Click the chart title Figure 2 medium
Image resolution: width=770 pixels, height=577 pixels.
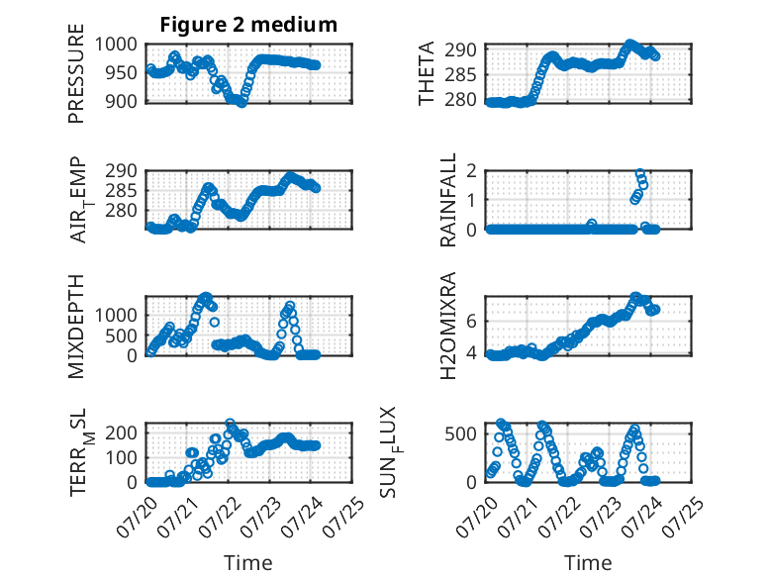point(248,25)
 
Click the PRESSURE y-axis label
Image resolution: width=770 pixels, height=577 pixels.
point(76,73)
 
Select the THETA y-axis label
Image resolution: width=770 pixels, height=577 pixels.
point(427,73)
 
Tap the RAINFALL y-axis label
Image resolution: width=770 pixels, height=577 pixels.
point(448,200)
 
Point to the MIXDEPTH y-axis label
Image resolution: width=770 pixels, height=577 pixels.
point(76,326)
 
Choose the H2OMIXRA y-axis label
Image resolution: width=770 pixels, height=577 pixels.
point(448,326)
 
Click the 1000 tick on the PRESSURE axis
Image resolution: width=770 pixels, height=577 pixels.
point(116,45)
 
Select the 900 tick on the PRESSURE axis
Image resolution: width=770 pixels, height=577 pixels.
point(122,102)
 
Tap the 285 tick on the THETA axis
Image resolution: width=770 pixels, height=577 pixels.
point(460,75)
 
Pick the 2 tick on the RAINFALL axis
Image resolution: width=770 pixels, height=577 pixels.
point(472,171)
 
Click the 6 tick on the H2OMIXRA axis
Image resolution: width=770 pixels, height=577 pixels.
point(472,322)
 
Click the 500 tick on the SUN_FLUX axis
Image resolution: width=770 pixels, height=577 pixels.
point(460,434)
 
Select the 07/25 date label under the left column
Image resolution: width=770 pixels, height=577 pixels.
point(344,518)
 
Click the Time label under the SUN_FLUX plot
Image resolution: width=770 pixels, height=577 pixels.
point(588,563)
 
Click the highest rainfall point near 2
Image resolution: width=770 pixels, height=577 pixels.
point(640,173)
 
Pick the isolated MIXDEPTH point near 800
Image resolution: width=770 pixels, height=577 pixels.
point(215,322)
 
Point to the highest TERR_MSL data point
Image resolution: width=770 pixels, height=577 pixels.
point(230,423)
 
